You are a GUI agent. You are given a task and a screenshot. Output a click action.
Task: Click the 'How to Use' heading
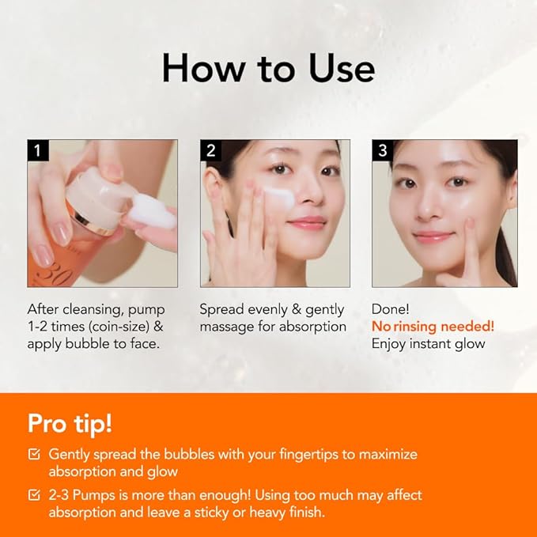[268, 68]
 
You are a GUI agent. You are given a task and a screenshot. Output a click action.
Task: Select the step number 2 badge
[210, 150]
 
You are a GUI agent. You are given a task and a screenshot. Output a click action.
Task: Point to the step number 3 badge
[382, 150]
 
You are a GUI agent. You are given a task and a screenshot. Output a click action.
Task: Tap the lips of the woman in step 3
[433, 236]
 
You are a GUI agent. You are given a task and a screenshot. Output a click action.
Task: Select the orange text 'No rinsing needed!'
[433, 326]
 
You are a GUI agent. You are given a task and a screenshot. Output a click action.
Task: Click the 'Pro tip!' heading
[70, 422]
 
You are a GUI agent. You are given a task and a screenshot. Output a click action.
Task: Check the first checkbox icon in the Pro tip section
[34, 454]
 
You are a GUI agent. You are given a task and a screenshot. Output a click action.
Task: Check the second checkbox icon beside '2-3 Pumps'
[34, 495]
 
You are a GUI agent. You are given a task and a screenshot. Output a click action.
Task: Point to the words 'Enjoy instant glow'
[428, 343]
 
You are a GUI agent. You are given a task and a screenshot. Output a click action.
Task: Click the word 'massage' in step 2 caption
[225, 327]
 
